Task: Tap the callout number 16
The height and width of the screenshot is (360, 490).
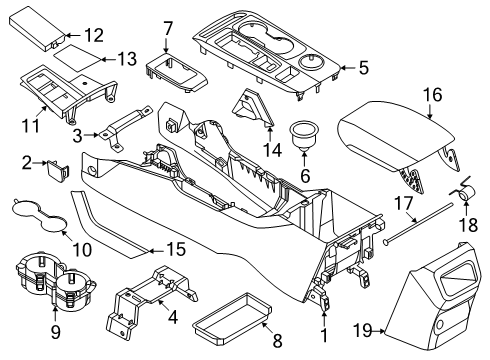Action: point(431,96)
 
